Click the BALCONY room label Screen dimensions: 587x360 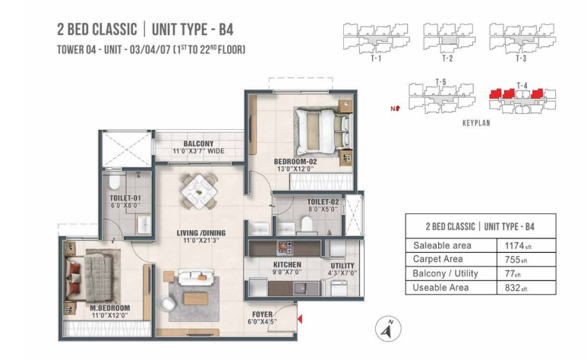click(198, 144)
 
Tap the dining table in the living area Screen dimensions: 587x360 click(199, 191)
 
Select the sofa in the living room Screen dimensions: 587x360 click(196, 277)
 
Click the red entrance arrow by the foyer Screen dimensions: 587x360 click(299, 319)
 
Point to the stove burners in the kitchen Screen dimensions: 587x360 click(285, 248)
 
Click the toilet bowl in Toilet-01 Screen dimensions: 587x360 click(114, 182)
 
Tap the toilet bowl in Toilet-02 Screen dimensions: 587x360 click(307, 224)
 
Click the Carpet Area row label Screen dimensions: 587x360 click(437, 259)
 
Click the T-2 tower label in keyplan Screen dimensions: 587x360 click(447, 58)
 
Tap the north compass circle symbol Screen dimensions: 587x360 click(388, 329)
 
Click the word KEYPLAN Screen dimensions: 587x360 click(476, 123)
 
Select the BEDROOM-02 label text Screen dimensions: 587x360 click(295, 162)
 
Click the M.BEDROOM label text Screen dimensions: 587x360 click(110, 308)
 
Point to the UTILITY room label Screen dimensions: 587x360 click(342, 266)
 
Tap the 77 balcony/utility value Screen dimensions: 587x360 click(513, 273)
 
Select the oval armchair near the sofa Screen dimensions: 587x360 click(166, 304)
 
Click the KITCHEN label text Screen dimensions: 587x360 click(287, 264)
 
